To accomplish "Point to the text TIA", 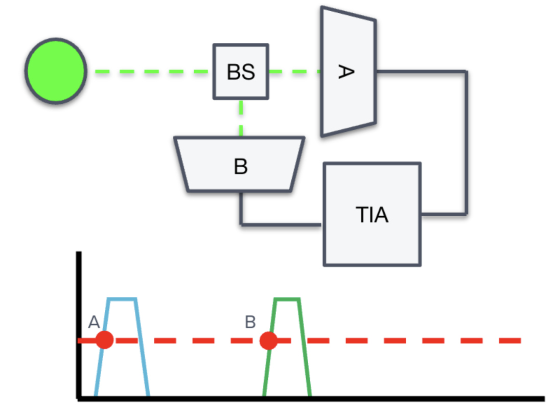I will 372,215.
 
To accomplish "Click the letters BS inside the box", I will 241,72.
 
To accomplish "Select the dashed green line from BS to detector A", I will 294,72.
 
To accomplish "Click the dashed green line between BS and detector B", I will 241,118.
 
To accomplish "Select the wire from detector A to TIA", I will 465,143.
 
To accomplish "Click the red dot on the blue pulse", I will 104,340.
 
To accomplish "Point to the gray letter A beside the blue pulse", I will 94,322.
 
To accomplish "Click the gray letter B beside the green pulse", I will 250,322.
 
